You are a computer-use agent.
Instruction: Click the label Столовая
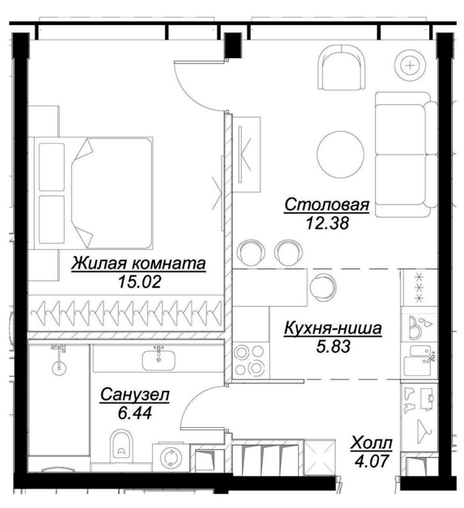(x=327, y=205)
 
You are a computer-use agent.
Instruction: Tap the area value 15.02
(x=139, y=282)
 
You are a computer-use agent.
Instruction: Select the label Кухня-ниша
(x=332, y=328)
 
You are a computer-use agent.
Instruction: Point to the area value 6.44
(x=135, y=413)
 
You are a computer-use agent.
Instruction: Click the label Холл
(x=371, y=442)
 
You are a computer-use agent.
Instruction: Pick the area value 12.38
(x=327, y=223)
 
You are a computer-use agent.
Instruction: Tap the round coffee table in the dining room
(x=340, y=155)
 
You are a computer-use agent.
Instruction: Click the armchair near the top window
(x=341, y=67)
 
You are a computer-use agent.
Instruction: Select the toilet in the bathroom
(x=122, y=446)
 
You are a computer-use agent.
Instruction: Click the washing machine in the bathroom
(x=171, y=457)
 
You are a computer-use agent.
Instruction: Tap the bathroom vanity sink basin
(x=158, y=361)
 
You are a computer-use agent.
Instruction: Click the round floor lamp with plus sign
(x=411, y=66)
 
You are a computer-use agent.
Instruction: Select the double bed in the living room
(x=91, y=193)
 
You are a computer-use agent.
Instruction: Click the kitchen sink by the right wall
(x=419, y=361)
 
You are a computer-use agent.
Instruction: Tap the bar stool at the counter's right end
(x=323, y=286)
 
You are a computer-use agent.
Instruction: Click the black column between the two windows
(x=233, y=45)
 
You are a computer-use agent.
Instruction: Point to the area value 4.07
(x=371, y=461)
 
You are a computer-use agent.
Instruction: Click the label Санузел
(x=135, y=395)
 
